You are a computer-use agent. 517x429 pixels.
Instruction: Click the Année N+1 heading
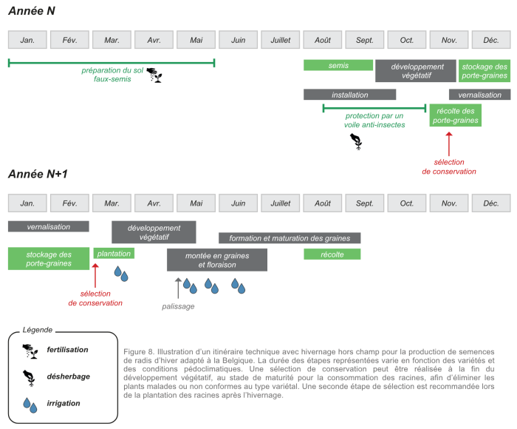[x=38, y=174]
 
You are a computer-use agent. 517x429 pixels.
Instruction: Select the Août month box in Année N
[x=322, y=40]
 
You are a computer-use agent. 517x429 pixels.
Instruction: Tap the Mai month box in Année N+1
[x=196, y=203]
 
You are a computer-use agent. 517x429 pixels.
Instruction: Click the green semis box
[x=338, y=65]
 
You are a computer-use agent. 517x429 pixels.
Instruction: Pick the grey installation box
[x=349, y=95]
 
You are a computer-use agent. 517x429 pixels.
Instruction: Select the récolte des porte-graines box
[x=456, y=115]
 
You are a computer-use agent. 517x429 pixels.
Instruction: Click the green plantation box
[x=114, y=253]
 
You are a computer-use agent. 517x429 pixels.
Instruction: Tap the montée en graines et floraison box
[x=217, y=260]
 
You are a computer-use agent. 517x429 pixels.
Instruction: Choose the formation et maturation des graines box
[x=290, y=237]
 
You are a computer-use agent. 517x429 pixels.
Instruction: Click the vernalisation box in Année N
[x=480, y=95]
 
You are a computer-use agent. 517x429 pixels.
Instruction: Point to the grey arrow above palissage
[x=178, y=288]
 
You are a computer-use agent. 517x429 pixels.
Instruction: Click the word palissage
[x=178, y=306]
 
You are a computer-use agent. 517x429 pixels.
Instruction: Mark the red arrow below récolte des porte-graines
[x=449, y=144]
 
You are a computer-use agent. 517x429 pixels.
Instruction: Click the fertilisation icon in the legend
[x=30, y=351]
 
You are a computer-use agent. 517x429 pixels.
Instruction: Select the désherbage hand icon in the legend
[x=29, y=378]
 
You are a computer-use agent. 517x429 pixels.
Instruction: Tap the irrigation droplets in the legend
[x=30, y=405]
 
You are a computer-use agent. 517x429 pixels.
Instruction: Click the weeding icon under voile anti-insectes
[x=356, y=141]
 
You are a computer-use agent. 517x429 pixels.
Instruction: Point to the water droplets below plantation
[x=121, y=274]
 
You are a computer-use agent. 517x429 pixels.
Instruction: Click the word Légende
[x=38, y=330]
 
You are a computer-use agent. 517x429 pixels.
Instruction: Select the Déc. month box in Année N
[x=491, y=40]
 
